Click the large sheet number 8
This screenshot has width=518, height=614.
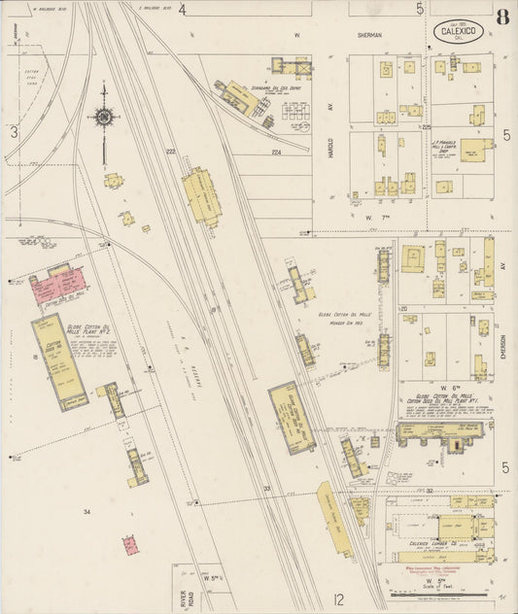(x=501, y=17)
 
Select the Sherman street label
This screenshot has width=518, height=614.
(x=369, y=34)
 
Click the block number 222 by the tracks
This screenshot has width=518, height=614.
(x=170, y=152)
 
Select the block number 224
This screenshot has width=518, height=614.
(x=276, y=153)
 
